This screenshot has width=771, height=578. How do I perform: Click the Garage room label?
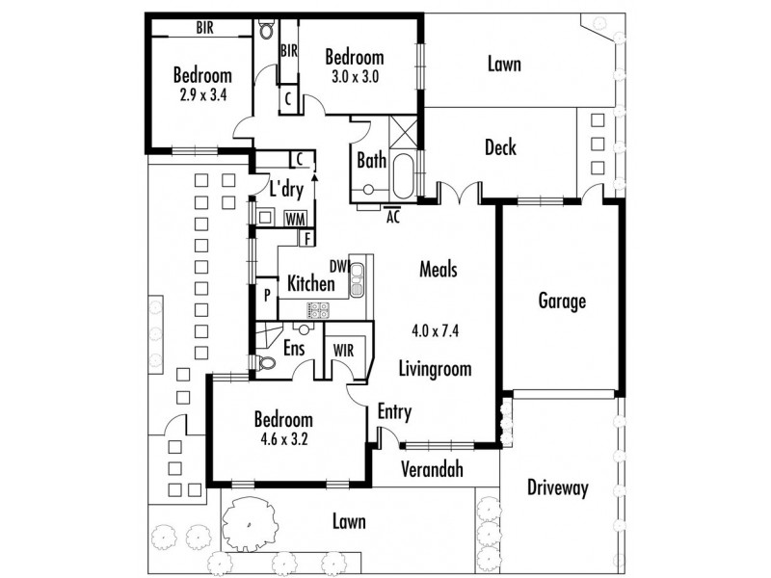[x=562, y=301]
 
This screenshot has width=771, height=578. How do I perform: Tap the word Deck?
[x=500, y=147]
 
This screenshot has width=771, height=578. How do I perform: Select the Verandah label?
[x=432, y=469]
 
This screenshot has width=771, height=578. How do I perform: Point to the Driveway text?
[x=558, y=487]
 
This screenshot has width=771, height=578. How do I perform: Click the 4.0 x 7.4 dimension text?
[x=436, y=330]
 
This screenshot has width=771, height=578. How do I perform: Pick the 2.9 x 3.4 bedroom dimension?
[x=203, y=94]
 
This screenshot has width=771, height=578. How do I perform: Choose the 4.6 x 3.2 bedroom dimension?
[x=283, y=439]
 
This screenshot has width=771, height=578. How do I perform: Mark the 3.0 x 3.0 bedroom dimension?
[x=355, y=77]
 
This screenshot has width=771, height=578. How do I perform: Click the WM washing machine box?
[x=296, y=219]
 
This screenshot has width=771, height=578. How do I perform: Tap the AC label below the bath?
[x=393, y=217]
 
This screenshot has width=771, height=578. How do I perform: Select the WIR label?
[x=343, y=351]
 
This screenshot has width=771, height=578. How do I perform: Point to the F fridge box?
[x=306, y=238]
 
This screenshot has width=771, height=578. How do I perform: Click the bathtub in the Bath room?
[x=404, y=176]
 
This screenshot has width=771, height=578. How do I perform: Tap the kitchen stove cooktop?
[x=319, y=310]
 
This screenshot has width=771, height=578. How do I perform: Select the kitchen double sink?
[x=357, y=279]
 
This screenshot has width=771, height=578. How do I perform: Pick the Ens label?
[x=294, y=349]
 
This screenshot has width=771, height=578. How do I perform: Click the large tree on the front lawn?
[x=249, y=524]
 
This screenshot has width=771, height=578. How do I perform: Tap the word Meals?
[x=439, y=270]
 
